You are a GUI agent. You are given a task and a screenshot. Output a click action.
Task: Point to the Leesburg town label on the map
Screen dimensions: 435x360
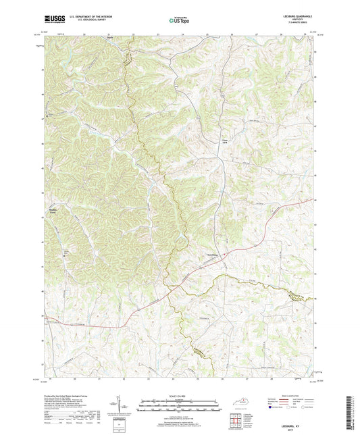coord(211,255)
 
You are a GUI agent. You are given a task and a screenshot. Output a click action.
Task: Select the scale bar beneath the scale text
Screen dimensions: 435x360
coord(178,405)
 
